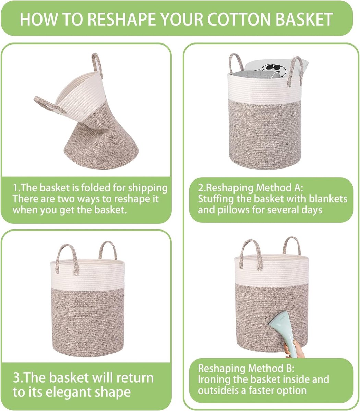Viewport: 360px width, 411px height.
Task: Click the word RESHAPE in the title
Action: (x=123, y=19)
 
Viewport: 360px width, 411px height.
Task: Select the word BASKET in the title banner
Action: (x=304, y=19)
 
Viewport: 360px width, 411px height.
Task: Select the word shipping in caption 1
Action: (x=148, y=189)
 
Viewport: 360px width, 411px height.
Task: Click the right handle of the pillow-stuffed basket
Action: (x=295, y=70)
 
